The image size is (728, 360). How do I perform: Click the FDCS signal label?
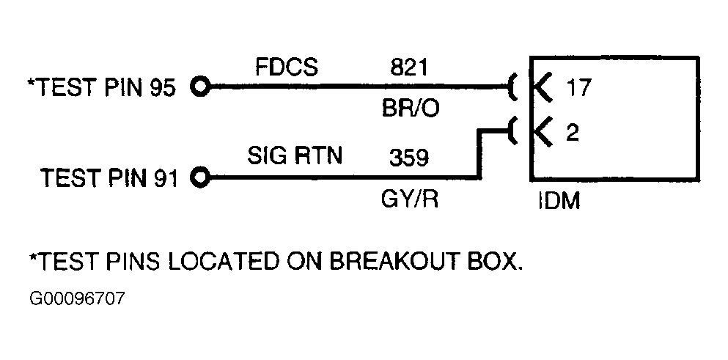[287, 67]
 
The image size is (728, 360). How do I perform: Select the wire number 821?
[408, 67]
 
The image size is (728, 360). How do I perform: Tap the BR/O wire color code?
[410, 109]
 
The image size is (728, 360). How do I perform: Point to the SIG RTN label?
[295, 155]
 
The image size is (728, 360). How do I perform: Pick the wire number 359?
[409, 158]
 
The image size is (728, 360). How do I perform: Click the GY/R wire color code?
[410, 199]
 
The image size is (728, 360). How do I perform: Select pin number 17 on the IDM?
[578, 87]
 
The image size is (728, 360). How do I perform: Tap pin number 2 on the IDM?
[572, 133]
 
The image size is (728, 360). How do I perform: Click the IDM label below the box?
[559, 202]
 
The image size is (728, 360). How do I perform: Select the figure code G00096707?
[77, 298]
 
